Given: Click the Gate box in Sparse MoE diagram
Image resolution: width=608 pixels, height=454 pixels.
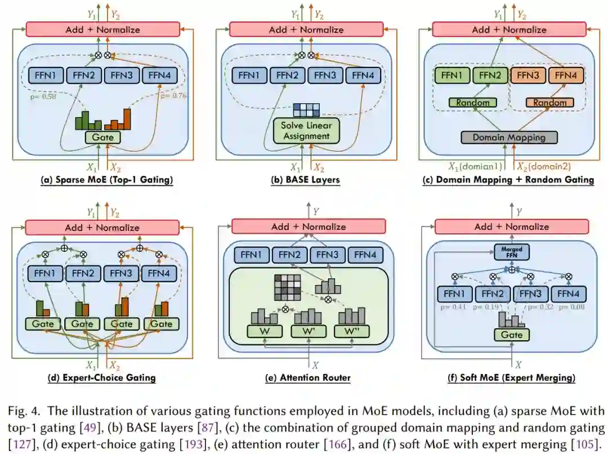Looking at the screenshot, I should click(x=103, y=137).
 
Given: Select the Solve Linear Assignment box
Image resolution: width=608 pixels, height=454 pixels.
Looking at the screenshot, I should click(x=306, y=130).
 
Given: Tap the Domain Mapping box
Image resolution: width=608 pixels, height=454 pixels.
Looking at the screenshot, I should click(x=508, y=137).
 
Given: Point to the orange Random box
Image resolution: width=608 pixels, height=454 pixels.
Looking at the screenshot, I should click(x=550, y=103).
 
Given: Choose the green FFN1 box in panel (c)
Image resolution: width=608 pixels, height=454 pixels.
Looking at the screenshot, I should click(x=451, y=75).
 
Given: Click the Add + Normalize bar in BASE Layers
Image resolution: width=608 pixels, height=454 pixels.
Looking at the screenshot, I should click(x=306, y=29).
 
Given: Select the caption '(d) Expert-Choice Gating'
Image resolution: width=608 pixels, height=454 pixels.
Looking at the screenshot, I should click(x=101, y=378).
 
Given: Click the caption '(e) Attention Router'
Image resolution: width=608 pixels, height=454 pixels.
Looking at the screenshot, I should click(x=307, y=378).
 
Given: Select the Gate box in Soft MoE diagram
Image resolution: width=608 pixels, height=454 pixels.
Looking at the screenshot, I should click(x=511, y=335).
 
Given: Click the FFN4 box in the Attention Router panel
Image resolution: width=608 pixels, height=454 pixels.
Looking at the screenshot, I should click(x=365, y=255).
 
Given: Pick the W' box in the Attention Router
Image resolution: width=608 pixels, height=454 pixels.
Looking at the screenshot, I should click(x=309, y=331).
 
